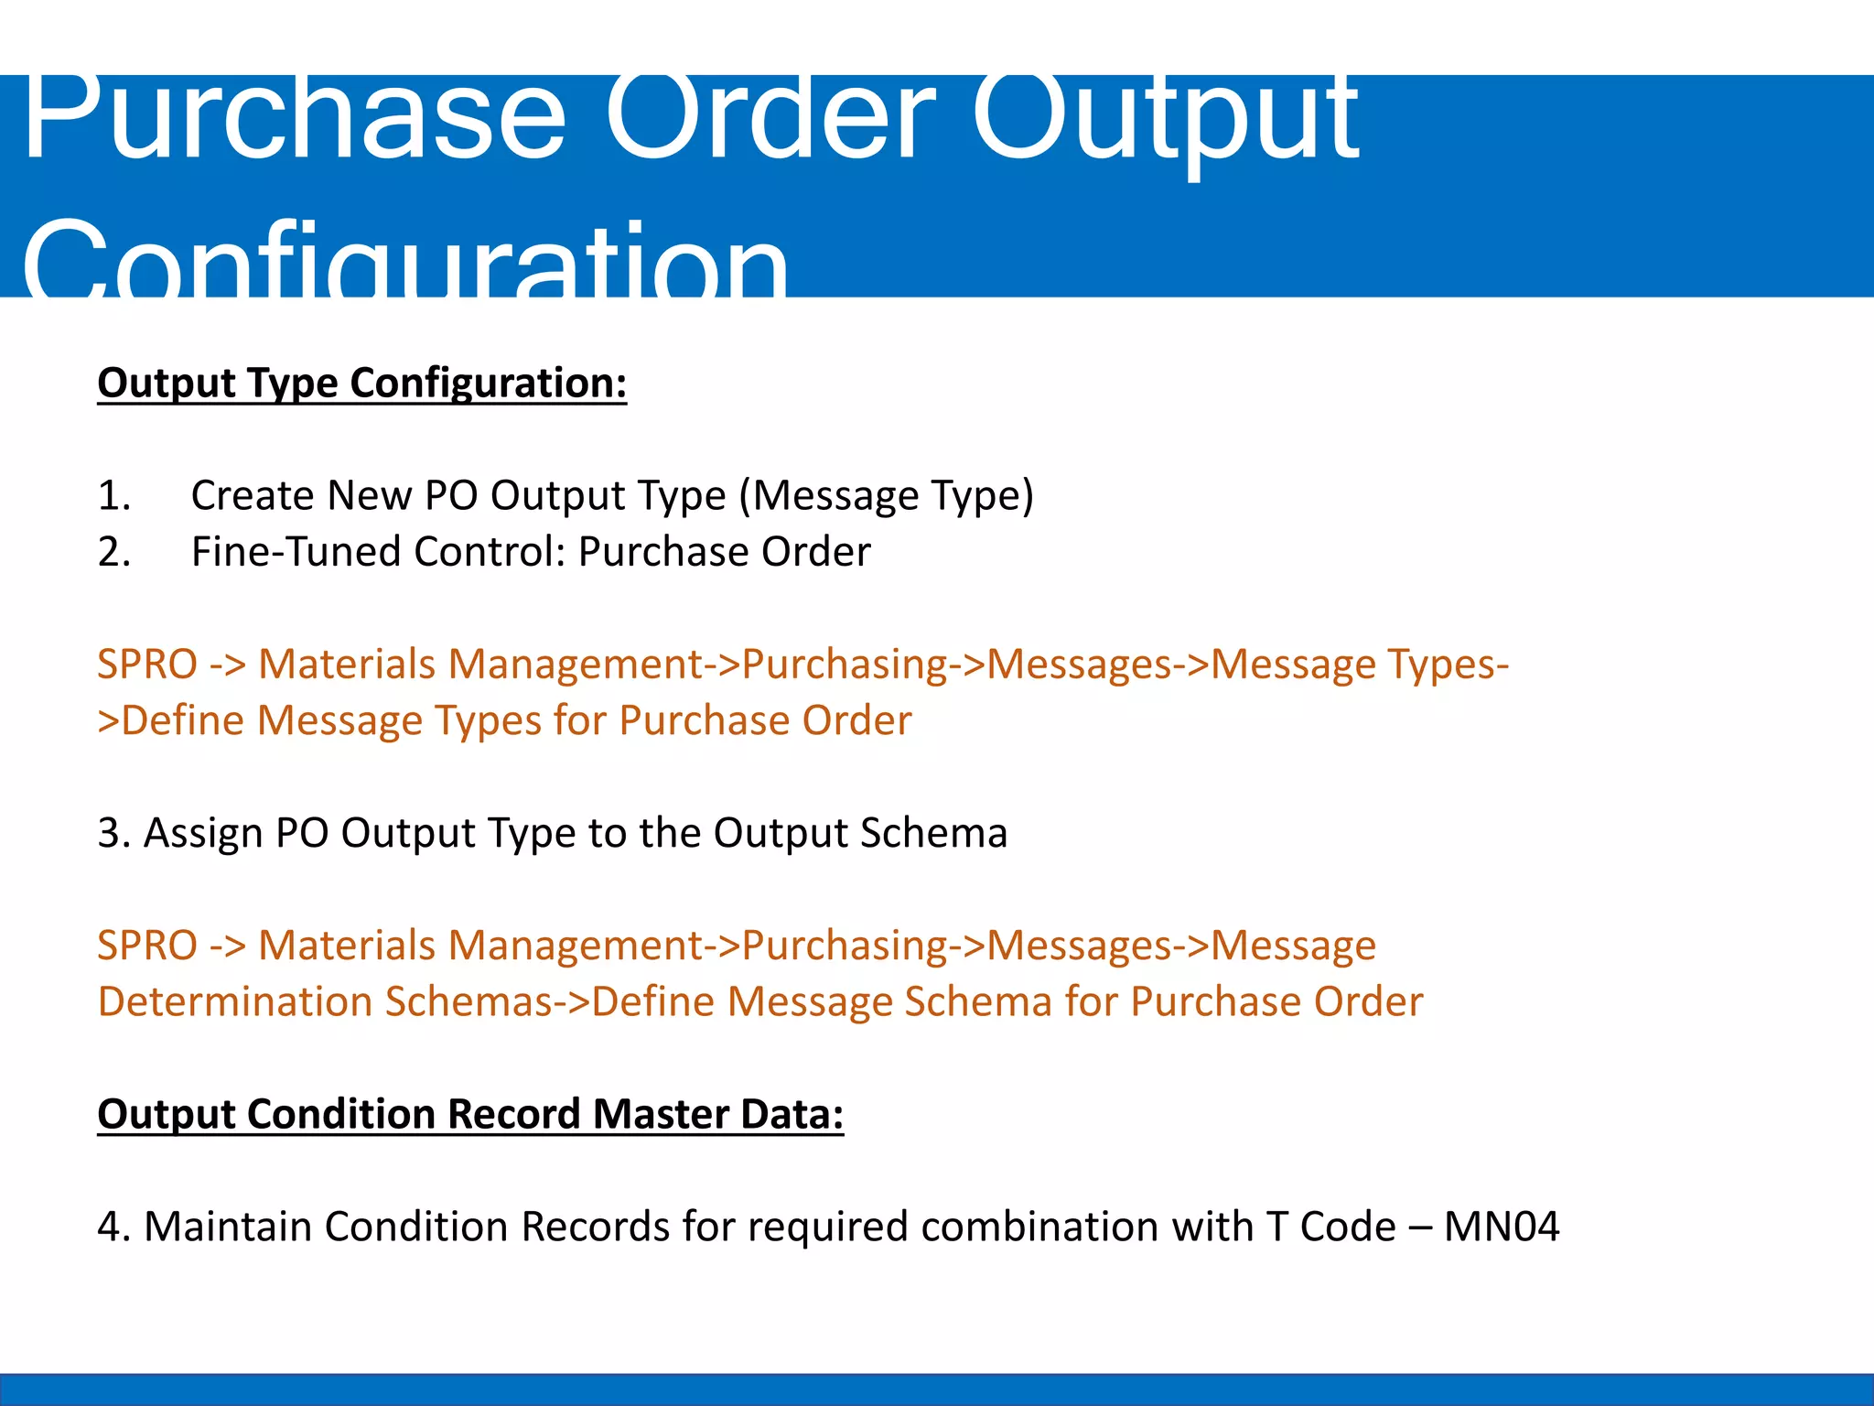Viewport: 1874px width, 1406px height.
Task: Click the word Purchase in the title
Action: click(x=293, y=119)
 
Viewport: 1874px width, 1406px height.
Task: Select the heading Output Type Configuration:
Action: click(x=362, y=383)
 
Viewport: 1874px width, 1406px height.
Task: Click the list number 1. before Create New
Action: click(x=114, y=495)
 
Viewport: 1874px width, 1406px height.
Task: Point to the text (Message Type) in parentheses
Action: click(x=886, y=495)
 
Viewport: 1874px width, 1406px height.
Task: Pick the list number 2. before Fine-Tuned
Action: click(x=114, y=552)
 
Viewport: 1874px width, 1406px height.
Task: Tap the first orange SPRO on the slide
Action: click(x=147, y=664)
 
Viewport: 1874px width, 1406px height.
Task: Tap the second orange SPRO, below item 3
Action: click(x=147, y=945)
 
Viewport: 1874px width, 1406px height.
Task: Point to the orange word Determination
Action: click(x=234, y=1001)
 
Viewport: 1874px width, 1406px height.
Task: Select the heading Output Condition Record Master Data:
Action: click(x=470, y=1114)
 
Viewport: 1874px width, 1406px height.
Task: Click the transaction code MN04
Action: click(x=1501, y=1227)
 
